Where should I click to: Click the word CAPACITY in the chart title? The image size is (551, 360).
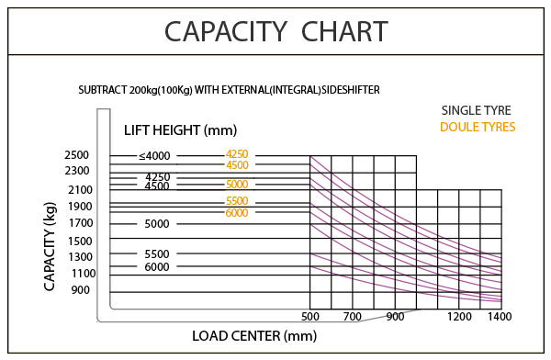point(219,32)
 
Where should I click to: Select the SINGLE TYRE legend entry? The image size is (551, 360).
point(476,111)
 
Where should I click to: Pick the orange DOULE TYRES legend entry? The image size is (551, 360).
point(478,127)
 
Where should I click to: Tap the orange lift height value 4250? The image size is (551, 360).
point(237,153)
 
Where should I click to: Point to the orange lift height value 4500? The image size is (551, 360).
point(237,165)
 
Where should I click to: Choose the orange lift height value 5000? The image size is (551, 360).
point(237,184)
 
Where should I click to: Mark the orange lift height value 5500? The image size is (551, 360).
point(237,201)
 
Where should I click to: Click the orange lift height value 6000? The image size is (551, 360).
point(237,213)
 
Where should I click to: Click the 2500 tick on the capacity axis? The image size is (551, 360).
point(77,155)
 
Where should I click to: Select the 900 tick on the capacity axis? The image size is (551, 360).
point(79,290)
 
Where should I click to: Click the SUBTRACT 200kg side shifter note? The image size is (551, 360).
point(228,92)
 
